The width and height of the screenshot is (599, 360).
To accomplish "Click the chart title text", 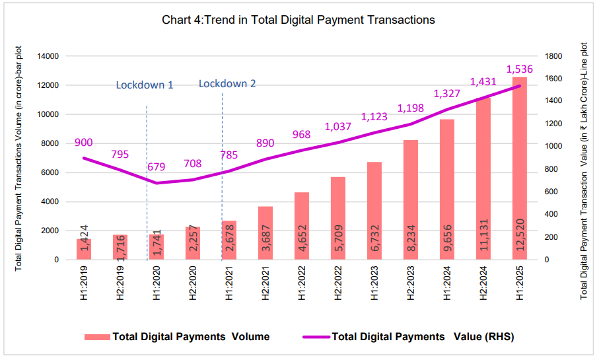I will point(299,20).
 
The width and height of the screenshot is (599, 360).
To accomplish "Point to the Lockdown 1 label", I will point(145,85).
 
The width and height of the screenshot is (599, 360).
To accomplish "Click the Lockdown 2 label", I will point(227,84).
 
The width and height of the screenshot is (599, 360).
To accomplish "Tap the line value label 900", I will point(83,143).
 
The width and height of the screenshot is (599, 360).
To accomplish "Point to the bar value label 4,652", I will point(301,242).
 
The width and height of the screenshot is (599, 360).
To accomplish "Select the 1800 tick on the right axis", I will point(554,57).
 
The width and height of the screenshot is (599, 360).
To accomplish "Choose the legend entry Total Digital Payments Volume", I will point(178,337).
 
